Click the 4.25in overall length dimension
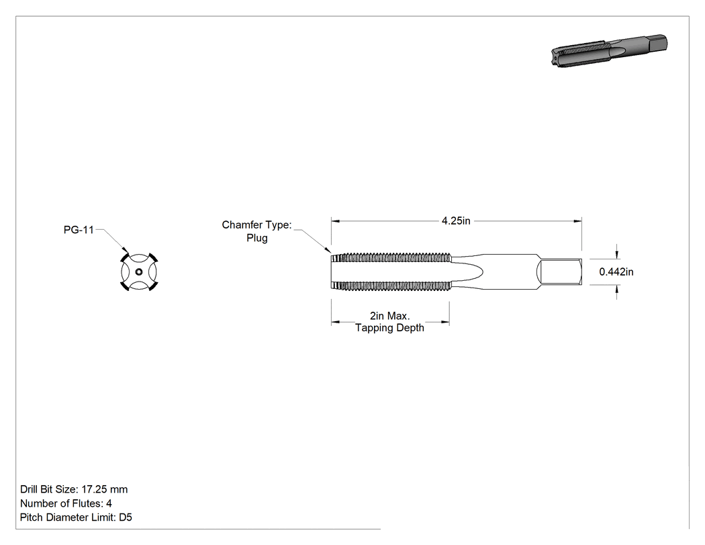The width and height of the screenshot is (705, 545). coord(456,221)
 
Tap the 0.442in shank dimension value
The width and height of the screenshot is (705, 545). coord(616,271)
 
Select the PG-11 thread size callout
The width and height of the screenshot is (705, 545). coord(79,230)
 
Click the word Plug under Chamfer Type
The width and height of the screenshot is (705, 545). coord(256,238)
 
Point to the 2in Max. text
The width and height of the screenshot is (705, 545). coord(390,316)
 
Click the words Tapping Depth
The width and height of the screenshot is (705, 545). coord(390,328)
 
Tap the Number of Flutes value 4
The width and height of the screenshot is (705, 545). coord(109,503)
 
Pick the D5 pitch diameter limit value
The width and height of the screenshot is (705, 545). coord(126,517)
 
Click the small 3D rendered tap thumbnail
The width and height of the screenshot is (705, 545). coord(609,51)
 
